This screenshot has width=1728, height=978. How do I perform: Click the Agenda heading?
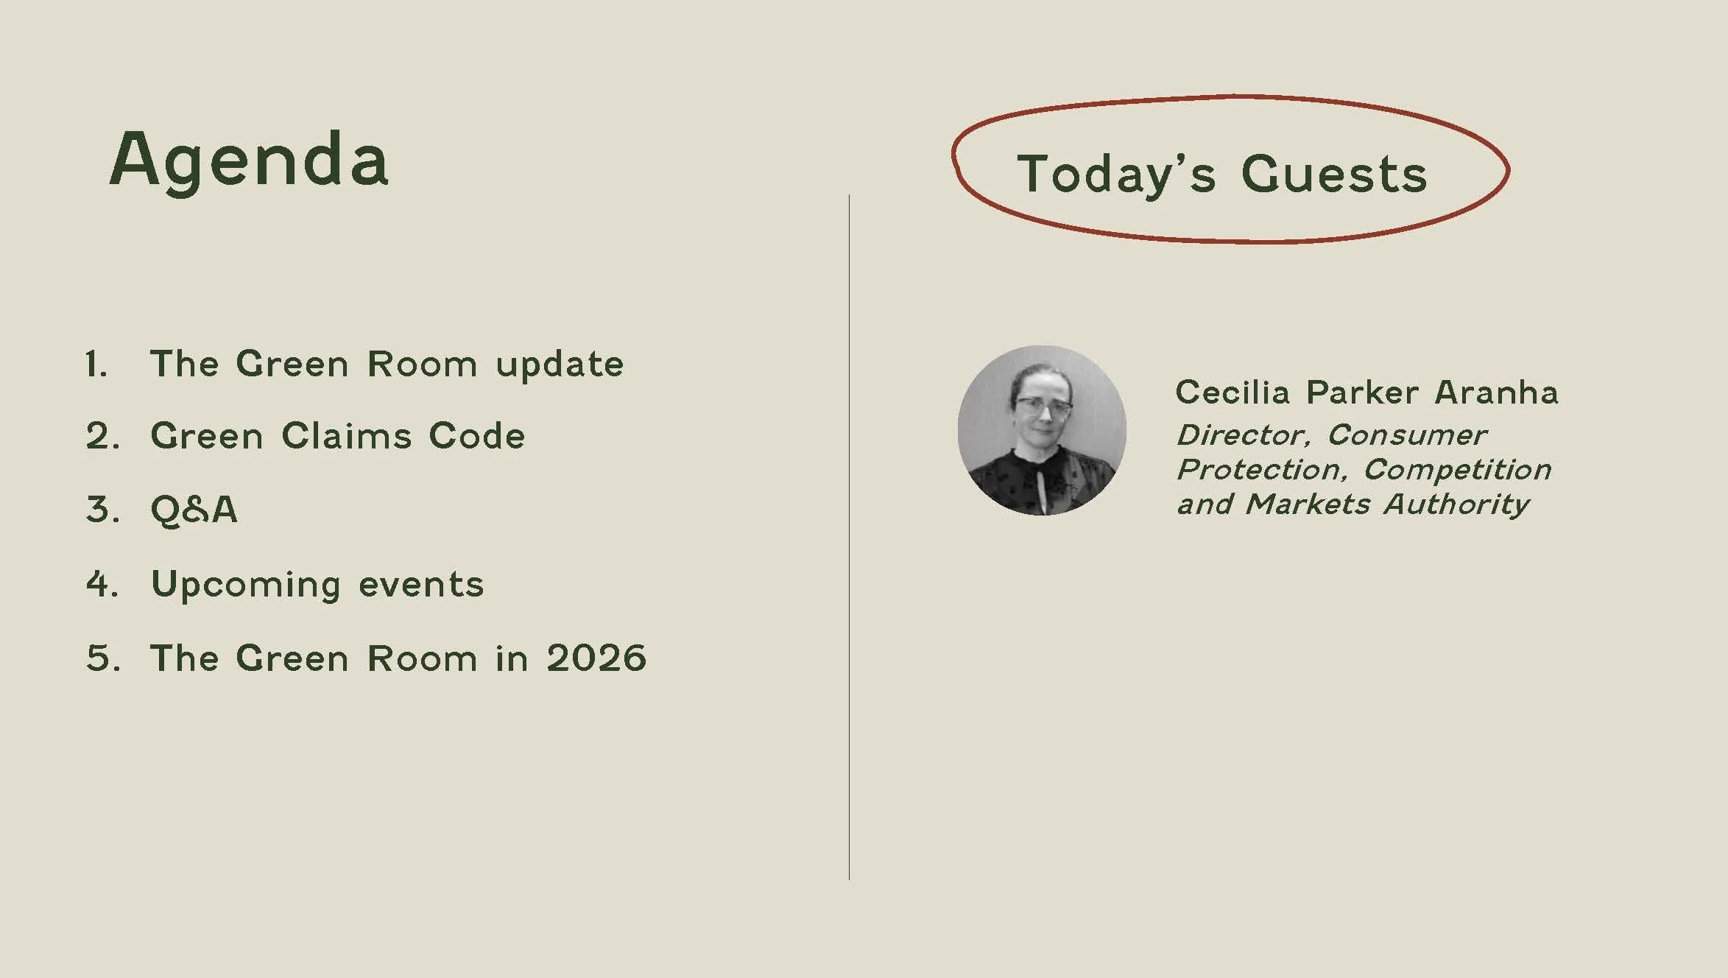coord(249,161)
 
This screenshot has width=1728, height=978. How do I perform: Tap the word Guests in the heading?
coord(1334,175)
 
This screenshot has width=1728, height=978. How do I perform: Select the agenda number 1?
coord(96,364)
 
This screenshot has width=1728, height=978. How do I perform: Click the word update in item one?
coord(560,364)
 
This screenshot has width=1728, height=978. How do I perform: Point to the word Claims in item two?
coord(347,436)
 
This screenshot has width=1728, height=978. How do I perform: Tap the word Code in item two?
coord(477,436)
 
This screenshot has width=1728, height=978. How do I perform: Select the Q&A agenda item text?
coord(194,510)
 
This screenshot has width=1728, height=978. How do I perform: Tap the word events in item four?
coord(421,585)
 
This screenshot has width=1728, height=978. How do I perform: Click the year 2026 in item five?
coord(596,658)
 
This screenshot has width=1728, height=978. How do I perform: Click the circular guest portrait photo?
coord(1042,430)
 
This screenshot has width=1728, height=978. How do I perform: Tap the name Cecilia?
coord(1232,393)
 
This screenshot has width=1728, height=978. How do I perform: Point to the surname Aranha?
coord(1496,393)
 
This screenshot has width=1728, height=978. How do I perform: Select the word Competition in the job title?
coord(1458,470)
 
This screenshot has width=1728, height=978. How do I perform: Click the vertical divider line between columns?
coord(849,537)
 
